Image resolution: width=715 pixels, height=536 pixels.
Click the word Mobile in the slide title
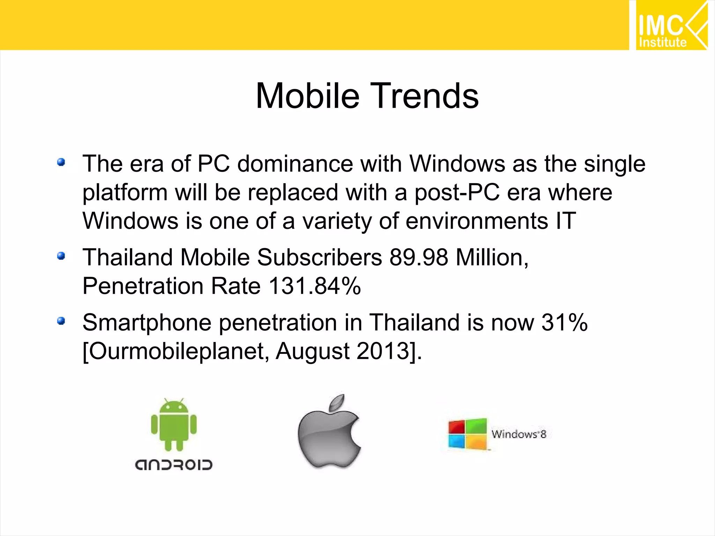307,96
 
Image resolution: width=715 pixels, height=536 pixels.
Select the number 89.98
419,258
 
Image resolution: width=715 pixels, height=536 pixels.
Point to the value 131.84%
315,286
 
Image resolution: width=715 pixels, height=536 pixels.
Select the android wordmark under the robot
174,465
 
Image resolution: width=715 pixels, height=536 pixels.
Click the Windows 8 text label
518,434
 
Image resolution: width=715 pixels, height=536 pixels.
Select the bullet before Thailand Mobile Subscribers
61,256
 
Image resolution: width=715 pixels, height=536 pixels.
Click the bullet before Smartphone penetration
61,321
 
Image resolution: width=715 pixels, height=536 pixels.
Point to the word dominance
295,164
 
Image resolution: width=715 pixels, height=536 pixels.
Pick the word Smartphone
147,323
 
